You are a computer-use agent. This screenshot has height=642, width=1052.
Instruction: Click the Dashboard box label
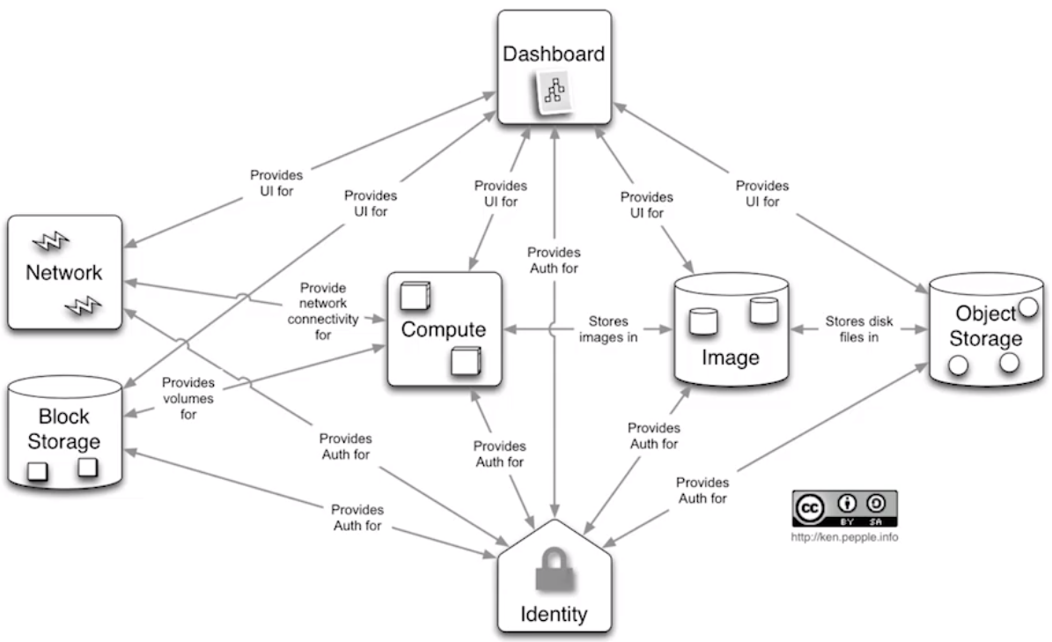(554, 54)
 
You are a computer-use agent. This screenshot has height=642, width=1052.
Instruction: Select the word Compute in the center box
(444, 330)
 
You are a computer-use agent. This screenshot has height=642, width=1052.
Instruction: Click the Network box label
(63, 272)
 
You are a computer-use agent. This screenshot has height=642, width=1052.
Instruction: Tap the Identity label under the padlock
(554, 613)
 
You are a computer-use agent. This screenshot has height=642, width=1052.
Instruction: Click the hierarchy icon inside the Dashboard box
(555, 92)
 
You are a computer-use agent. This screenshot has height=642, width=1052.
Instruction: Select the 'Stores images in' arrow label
(608, 329)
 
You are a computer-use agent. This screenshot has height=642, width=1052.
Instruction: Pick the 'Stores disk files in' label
(853, 329)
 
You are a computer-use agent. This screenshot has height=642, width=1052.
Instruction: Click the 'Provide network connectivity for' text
(323, 304)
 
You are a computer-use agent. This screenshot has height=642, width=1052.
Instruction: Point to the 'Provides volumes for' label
(188, 398)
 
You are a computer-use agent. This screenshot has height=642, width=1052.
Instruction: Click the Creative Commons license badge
(845, 509)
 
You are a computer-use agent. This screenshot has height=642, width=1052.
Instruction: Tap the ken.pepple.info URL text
(844, 536)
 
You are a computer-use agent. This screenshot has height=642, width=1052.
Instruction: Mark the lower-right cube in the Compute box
(466, 362)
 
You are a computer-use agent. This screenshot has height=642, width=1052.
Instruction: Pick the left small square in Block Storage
(37, 472)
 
